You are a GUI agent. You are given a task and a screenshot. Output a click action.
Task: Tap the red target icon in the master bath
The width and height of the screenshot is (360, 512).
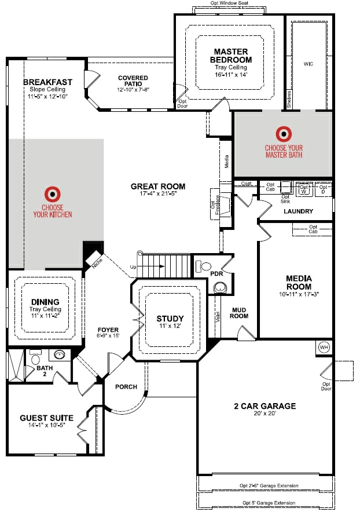(284, 134)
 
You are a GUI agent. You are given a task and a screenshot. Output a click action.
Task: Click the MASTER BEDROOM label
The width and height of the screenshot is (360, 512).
(232, 56)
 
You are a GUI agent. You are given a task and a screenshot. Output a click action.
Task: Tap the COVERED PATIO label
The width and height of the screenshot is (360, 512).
(133, 82)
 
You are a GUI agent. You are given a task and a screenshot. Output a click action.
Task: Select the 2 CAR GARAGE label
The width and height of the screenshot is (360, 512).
(266, 406)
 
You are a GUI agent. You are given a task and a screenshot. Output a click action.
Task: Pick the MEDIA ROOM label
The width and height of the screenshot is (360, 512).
(299, 283)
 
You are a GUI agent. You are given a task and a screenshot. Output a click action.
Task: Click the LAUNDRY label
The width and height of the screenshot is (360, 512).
(298, 211)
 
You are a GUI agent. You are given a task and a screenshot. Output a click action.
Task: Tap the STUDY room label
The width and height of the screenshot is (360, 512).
(170, 319)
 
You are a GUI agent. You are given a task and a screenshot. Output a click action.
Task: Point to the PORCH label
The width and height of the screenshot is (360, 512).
(126, 386)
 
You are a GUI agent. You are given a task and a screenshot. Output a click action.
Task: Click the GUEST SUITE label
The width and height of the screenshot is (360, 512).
(46, 418)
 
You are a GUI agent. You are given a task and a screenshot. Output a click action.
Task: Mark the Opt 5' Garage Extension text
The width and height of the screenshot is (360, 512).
(269, 503)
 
